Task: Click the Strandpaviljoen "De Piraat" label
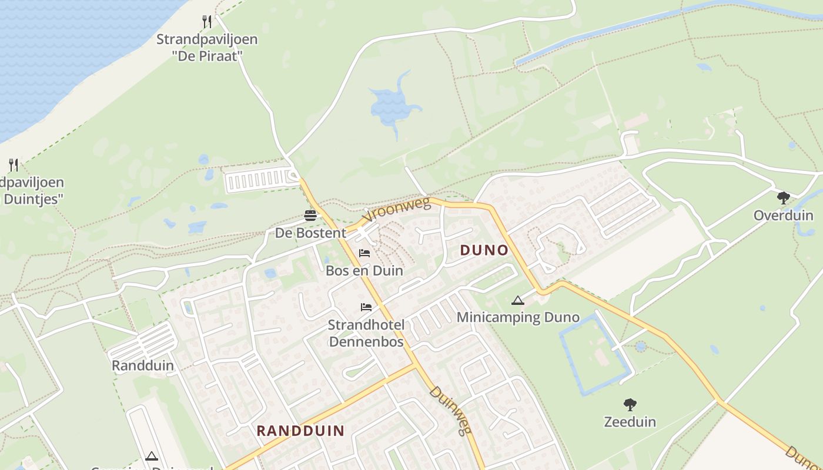tap(207, 48)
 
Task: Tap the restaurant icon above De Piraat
tap(207, 22)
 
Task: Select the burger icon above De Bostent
tap(310, 216)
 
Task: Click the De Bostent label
tap(310, 233)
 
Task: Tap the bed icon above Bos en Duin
tap(364, 254)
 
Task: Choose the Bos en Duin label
tap(364, 270)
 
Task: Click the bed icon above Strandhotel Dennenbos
tap(366, 307)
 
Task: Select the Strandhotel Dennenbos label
tap(366, 333)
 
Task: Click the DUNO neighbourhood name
tap(484, 250)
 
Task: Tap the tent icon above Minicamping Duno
tap(518, 301)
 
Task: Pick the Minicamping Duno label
tap(518, 317)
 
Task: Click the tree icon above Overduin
tap(783, 198)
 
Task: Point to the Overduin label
tap(784, 215)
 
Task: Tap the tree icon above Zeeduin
tap(630, 405)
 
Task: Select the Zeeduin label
tap(630, 421)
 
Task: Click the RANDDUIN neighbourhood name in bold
tap(300, 431)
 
